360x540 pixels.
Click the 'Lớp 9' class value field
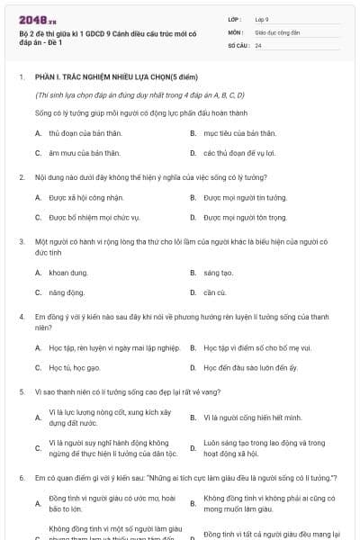[x=260, y=18]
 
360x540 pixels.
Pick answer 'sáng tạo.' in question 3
[x=219, y=272]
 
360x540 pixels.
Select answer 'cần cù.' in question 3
[x=215, y=292]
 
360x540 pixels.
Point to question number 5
[x=21, y=392]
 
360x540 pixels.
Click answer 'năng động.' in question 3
[x=67, y=292]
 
